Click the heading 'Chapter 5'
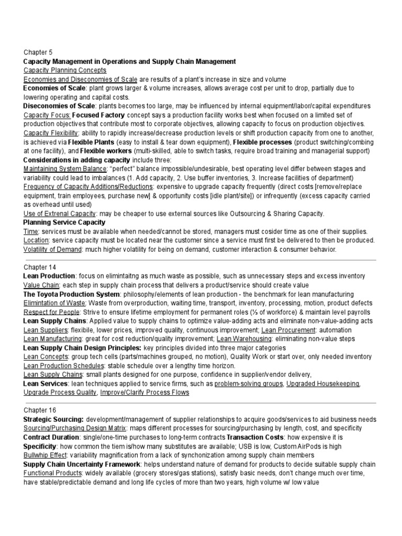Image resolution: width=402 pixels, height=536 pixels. (38, 52)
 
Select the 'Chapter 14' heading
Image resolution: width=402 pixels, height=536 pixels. (40, 267)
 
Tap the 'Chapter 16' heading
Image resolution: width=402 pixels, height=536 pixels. (40, 410)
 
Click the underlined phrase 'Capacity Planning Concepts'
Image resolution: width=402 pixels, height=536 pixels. (65, 70)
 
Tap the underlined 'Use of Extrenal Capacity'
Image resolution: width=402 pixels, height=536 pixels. (60, 214)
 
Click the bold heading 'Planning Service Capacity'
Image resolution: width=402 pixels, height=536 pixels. (64, 222)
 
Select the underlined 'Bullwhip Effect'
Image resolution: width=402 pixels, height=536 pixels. (47, 455)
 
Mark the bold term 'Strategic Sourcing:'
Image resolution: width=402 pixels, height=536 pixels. (53, 419)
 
